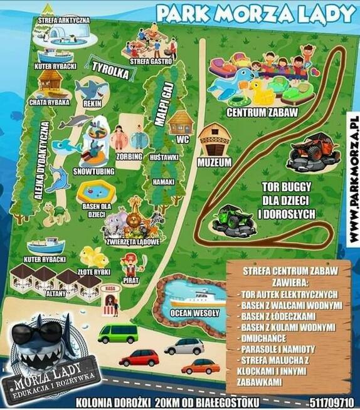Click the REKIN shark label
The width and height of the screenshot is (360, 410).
(92, 103)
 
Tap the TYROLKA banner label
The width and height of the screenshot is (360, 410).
(110, 70)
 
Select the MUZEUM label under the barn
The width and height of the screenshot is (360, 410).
(214, 162)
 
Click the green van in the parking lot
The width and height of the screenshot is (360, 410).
(118, 333)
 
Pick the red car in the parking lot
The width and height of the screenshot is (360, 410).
(139, 358)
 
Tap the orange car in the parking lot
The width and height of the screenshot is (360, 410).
(201, 365)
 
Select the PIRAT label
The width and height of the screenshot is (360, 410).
(131, 281)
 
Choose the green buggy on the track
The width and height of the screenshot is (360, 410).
(232, 219)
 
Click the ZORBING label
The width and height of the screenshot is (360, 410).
(130, 155)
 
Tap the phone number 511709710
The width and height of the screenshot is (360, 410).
(331, 402)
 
